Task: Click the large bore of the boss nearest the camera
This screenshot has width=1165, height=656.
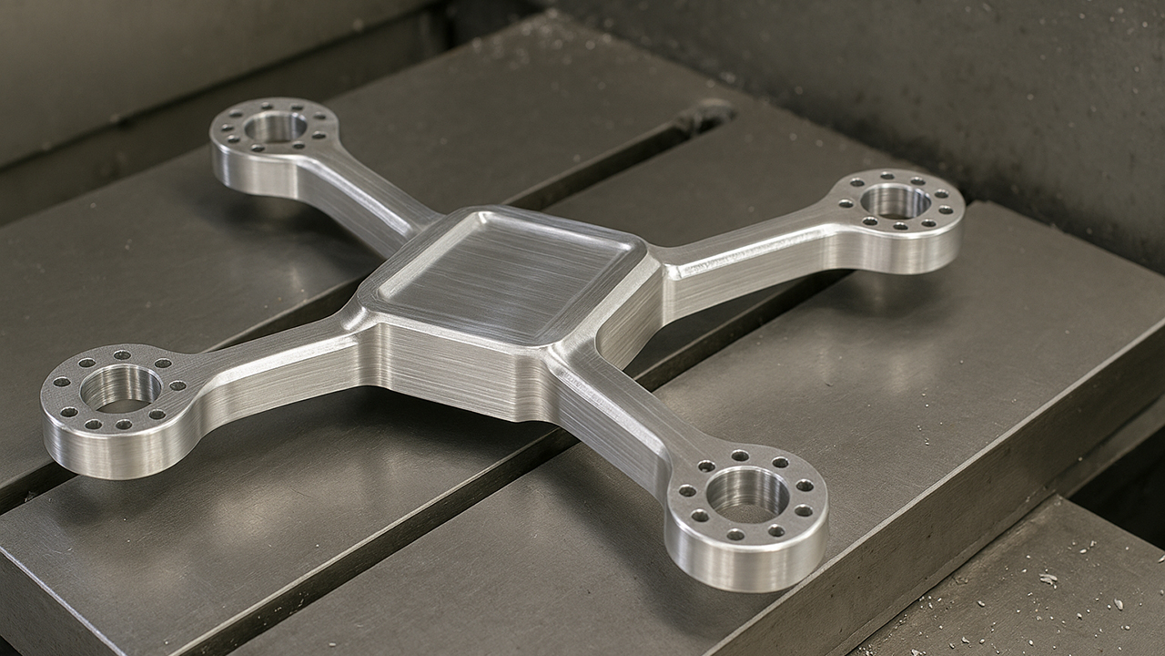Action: (x=747, y=495)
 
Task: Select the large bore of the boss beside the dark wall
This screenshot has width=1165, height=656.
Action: (x=895, y=201)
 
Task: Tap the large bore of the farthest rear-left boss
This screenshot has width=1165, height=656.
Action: (x=275, y=128)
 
